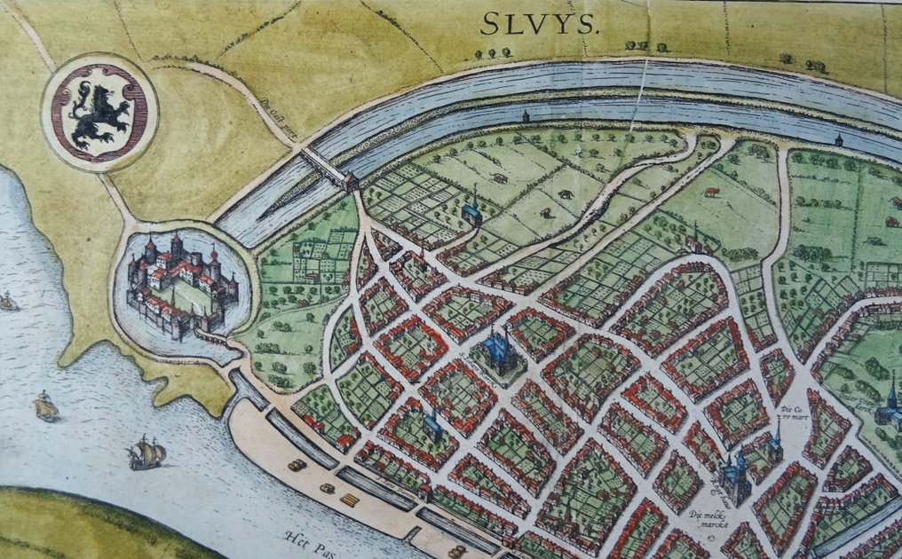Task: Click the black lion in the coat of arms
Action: pyautogui.click(x=99, y=114)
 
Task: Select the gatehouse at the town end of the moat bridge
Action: pyautogui.click(x=350, y=182)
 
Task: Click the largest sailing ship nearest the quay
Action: pyautogui.click(x=146, y=453)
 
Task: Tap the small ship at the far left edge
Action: pyautogui.click(x=8, y=303)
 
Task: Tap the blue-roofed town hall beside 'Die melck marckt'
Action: pyautogui.click(x=735, y=479)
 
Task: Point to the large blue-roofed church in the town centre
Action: pyautogui.click(x=500, y=352)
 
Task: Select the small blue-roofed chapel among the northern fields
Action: pyautogui.click(x=472, y=210)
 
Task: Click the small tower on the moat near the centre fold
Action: pyautogui.click(x=526, y=116)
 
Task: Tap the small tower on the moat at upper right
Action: pyautogui.click(x=838, y=139)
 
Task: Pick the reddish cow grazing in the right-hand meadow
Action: pyautogui.click(x=711, y=191)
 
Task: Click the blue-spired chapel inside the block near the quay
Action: pyautogui.click(x=432, y=423)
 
